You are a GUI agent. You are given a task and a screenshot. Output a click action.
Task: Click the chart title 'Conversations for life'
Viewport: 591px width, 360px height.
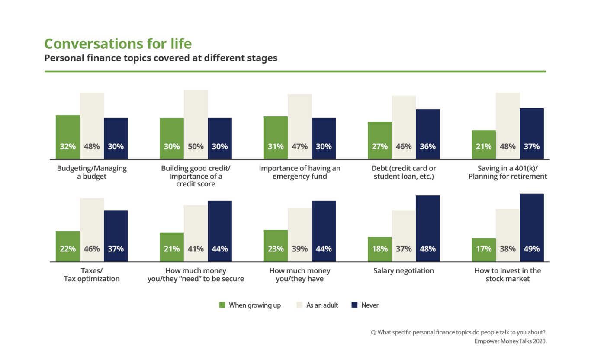[x=118, y=44]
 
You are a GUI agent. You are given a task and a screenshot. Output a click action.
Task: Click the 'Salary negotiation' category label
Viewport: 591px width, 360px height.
[x=403, y=271]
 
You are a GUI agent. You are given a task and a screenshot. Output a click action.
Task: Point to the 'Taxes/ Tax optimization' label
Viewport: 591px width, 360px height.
[x=92, y=275]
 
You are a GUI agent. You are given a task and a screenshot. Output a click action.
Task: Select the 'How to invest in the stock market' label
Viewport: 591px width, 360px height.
[x=507, y=275]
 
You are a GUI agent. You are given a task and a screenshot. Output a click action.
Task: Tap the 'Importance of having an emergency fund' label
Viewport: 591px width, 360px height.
[x=299, y=172]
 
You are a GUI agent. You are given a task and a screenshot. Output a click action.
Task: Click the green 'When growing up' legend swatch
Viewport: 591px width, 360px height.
[x=222, y=305]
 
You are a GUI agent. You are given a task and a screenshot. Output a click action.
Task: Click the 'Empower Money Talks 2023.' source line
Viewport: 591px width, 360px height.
[x=511, y=341]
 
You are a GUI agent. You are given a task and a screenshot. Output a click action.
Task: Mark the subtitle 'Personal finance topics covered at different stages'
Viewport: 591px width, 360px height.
[x=161, y=58]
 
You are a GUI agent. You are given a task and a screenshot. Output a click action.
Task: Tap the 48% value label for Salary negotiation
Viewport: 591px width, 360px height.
[x=427, y=249]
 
